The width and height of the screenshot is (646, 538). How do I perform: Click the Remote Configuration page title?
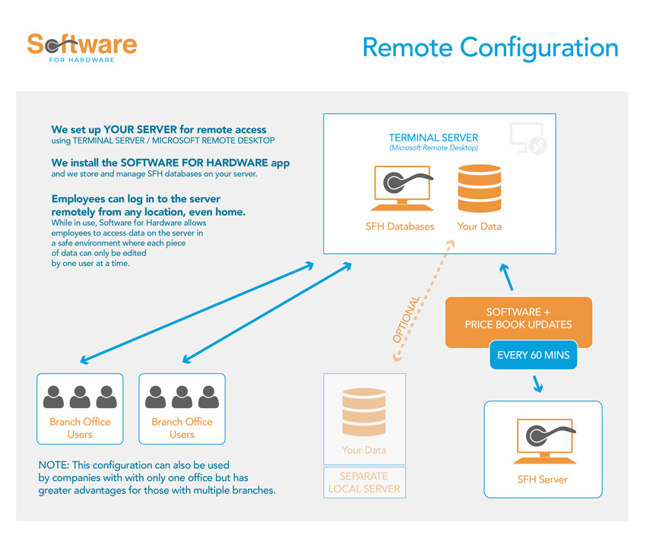pos(490,47)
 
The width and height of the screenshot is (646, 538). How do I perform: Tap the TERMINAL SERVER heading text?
pos(433,138)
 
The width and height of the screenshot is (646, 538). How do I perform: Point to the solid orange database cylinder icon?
pos(479,188)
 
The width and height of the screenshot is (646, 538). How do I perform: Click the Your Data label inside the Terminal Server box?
pos(479,226)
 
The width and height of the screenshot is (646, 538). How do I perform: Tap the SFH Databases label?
pos(400,226)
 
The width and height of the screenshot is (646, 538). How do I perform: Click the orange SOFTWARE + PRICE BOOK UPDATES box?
pos(518,318)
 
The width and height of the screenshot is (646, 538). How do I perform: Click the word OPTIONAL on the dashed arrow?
pos(407,318)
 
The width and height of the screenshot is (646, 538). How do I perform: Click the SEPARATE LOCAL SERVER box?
pos(364,483)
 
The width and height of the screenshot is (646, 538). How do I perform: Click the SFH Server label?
pos(542,479)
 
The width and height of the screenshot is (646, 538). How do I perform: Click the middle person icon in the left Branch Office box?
pos(80,397)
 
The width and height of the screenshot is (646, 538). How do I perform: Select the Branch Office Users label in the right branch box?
pos(182,428)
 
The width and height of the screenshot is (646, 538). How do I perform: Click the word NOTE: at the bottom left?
pos(52,464)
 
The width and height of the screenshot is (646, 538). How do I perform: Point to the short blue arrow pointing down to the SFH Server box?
pos(538,385)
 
